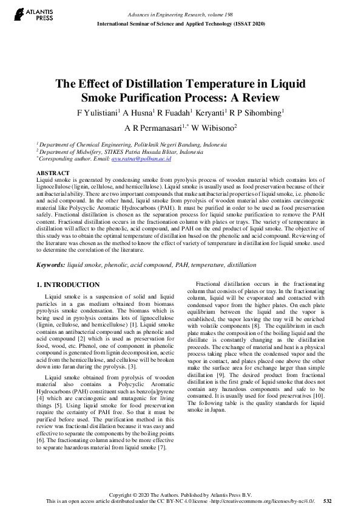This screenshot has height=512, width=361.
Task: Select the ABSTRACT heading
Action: pyautogui.click(x=53, y=173)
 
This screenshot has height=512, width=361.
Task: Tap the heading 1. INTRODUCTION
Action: pyautogui.click(x=68, y=285)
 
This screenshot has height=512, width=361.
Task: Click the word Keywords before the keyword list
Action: pyautogui.click(x=50, y=265)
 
